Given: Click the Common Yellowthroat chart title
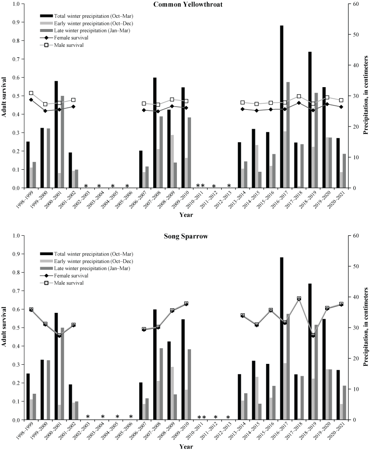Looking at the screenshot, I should [188, 4].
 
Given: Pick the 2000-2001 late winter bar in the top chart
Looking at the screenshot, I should [63, 141].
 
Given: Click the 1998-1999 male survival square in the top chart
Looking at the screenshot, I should [31, 93].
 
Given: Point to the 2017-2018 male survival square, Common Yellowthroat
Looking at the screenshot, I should [299, 96].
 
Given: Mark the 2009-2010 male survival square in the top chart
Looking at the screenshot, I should [186, 101].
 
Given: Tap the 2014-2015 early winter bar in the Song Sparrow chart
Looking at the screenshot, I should [257, 398].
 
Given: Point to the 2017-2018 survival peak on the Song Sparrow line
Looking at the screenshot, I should [299, 298].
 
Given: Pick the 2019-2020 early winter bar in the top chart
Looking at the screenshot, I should [327, 162].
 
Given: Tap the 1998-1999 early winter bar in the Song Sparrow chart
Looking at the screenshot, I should [31, 409].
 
